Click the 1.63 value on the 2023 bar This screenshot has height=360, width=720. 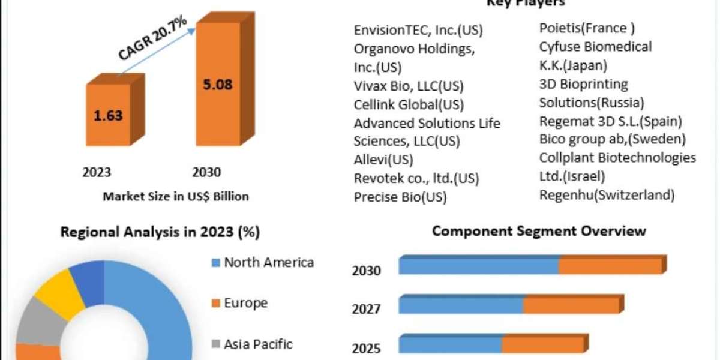pyautogui.click(x=108, y=116)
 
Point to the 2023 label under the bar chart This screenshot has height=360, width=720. pyautogui.click(x=97, y=173)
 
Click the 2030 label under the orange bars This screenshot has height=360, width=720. pyautogui.click(x=206, y=173)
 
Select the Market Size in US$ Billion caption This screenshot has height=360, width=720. pyautogui.click(x=176, y=196)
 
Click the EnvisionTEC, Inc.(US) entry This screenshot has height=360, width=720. pyautogui.click(x=418, y=31)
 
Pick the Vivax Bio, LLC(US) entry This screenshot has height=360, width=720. pyautogui.click(x=409, y=86)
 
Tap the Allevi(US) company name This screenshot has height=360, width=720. pyautogui.click(x=383, y=160)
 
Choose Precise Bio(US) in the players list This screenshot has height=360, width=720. pyautogui.click(x=400, y=197)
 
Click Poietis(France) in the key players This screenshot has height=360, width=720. pyautogui.click(x=587, y=28)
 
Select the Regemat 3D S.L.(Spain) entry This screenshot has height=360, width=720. pyautogui.click(x=611, y=121)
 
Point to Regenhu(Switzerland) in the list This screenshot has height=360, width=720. pyautogui.click(x=607, y=195)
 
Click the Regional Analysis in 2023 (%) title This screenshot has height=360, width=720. pyautogui.click(x=160, y=232)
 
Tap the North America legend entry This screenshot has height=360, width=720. pyautogui.click(x=268, y=262)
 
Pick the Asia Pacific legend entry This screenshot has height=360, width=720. pyautogui.click(x=258, y=344)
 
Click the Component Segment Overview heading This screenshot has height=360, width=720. pyautogui.click(x=539, y=231)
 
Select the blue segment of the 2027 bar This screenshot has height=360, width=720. pyautogui.click(x=460, y=306)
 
